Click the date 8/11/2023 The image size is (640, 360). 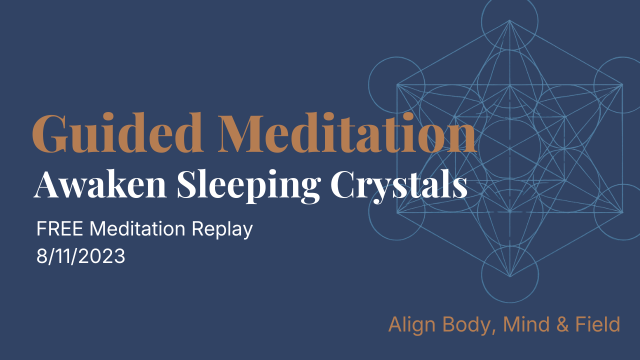click(80, 256)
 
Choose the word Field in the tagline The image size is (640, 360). click(597, 324)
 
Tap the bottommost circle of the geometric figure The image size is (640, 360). click(509, 274)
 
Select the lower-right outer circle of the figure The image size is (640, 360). click(620, 212)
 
